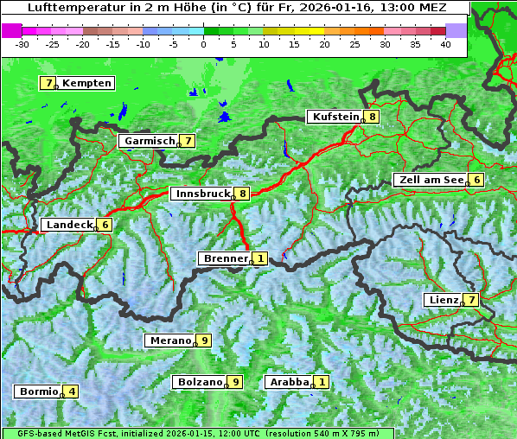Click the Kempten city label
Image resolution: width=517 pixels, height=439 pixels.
(86, 83)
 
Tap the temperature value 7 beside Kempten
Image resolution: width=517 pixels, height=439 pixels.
(48, 83)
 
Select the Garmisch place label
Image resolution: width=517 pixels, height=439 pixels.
(149, 141)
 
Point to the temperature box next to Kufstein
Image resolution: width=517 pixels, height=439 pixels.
(372, 117)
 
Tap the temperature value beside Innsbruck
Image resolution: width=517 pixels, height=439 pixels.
(243, 194)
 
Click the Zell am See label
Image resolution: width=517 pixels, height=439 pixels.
(430, 180)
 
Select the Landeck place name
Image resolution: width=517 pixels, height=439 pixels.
(68, 225)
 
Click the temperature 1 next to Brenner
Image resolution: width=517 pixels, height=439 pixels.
(259, 258)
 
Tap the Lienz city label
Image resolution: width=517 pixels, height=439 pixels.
(444, 300)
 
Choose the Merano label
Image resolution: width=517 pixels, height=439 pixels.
(169, 340)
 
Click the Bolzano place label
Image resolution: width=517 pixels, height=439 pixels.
(200, 382)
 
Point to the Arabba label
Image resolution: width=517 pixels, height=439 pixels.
(289, 382)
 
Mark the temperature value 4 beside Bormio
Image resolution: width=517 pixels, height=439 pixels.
(72, 391)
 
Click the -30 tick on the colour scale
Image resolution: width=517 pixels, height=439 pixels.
(22, 44)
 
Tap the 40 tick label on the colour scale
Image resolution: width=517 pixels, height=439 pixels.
(444, 44)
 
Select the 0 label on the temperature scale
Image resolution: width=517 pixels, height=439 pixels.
(204, 44)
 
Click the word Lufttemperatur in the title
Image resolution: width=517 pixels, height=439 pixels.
(67, 8)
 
